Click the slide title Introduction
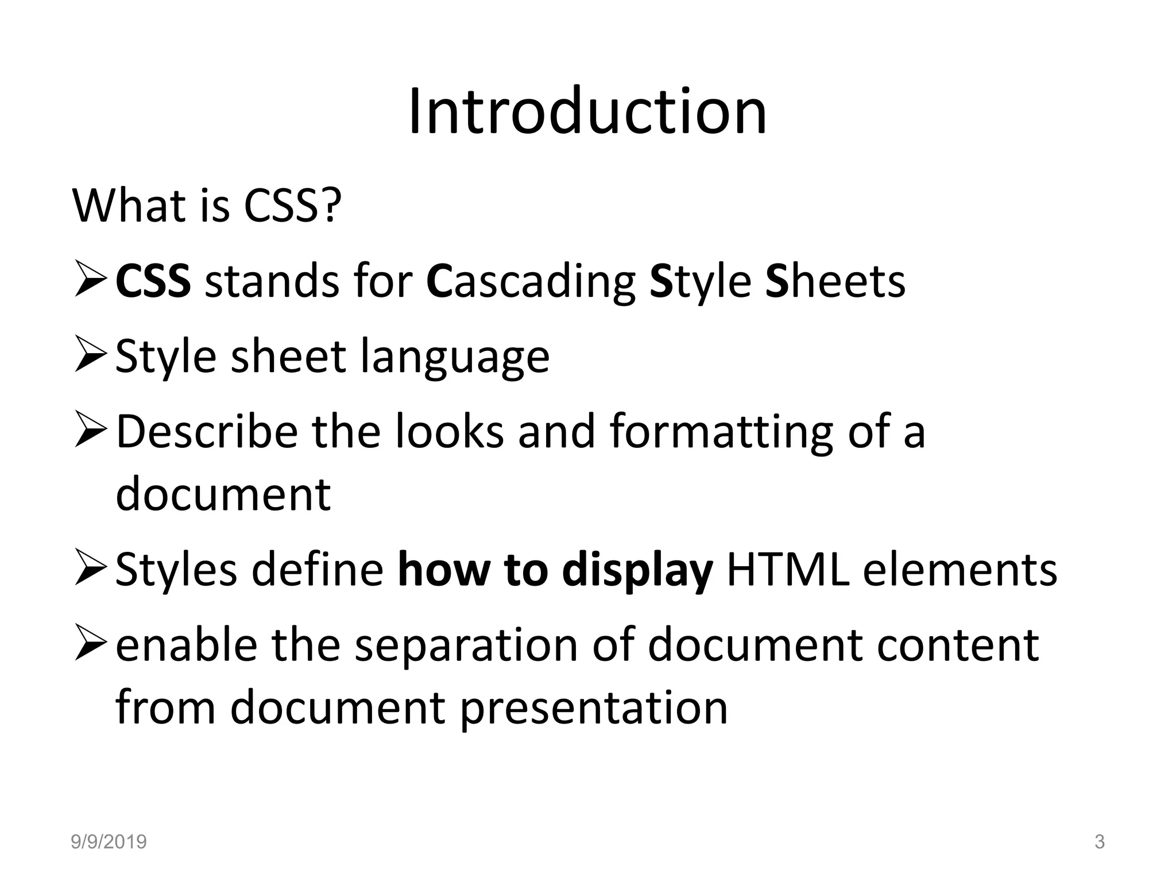[587, 111]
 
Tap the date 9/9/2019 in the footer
[109, 842]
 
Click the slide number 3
[1099, 842]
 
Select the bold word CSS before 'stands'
[153, 282]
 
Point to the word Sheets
[835, 282]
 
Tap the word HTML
[788, 570]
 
